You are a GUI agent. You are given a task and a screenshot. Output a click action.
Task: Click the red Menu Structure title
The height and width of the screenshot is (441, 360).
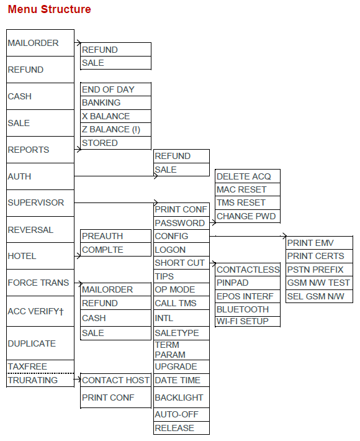[49, 9]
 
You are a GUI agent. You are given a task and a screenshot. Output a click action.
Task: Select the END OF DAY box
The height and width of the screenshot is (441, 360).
[115, 89]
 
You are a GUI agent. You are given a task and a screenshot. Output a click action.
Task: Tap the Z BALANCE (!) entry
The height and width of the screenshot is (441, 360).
[115, 129]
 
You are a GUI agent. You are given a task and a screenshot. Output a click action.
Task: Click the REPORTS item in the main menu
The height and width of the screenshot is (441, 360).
[40, 150]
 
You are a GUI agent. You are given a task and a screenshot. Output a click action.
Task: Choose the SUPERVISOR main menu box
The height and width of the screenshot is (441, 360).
[40, 202]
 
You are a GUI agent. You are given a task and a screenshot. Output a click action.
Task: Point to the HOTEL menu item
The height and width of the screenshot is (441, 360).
[40, 256]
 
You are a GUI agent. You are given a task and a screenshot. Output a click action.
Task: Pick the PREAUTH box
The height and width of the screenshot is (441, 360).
[115, 236]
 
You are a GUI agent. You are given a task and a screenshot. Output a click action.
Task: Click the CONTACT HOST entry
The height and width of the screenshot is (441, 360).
[115, 380]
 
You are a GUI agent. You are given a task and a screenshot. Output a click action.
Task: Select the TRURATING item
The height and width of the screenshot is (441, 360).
[40, 380]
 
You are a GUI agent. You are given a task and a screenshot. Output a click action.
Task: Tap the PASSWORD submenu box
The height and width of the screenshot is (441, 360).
[181, 223]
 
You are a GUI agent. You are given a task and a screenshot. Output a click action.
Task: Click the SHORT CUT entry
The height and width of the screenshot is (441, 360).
[181, 263]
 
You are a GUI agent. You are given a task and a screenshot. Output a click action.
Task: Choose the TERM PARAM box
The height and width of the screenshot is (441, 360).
[181, 350]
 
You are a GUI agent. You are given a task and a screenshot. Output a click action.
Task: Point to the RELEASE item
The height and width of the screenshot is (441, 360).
[181, 428]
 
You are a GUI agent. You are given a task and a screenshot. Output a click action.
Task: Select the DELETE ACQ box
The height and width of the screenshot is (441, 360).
[247, 176]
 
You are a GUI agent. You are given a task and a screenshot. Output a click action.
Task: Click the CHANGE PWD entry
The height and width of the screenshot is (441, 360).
[247, 216]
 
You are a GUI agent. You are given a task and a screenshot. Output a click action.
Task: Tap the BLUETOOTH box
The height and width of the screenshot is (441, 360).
[247, 309]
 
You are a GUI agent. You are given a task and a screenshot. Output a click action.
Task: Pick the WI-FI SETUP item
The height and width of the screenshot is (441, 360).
[247, 321]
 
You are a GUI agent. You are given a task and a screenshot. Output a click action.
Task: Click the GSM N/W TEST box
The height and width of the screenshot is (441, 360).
[319, 283]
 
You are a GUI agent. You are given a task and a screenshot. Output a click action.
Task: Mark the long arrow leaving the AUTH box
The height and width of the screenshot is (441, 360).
[116, 176]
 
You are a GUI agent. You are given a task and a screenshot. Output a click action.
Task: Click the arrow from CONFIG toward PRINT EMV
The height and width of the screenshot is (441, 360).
[248, 236]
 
